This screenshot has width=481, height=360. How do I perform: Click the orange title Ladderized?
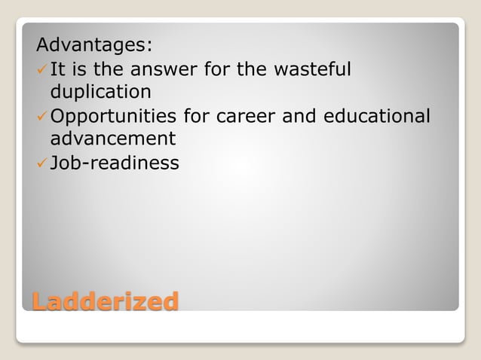click(105, 301)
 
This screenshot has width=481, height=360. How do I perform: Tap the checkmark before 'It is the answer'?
click(42, 69)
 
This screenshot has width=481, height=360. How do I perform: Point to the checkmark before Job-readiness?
click(42, 163)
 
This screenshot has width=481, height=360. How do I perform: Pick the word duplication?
click(100, 92)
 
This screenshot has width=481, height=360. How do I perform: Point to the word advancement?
click(112, 139)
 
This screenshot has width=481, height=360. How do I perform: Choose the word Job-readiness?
click(115, 163)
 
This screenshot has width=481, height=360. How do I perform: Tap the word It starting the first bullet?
click(57, 69)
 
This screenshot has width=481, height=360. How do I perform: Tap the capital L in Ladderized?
click(40, 301)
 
